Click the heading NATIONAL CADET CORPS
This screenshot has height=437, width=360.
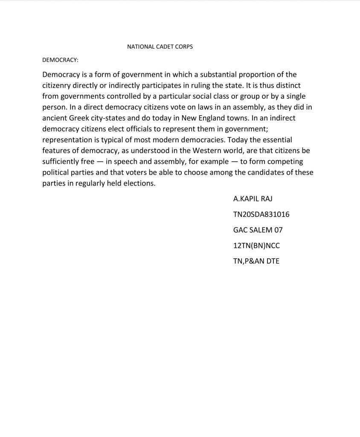(x=160, y=47)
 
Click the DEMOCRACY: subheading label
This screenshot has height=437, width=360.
(x=60, y=61)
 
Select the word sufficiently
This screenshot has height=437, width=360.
(x=62, y=162)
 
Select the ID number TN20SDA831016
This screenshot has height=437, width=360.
(x=261, y=214)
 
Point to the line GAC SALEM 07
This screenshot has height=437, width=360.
(x=258, y=230)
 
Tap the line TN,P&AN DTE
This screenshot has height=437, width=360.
(x=256, y=261)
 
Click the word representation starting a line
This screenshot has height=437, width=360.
(x=68, y=140)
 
